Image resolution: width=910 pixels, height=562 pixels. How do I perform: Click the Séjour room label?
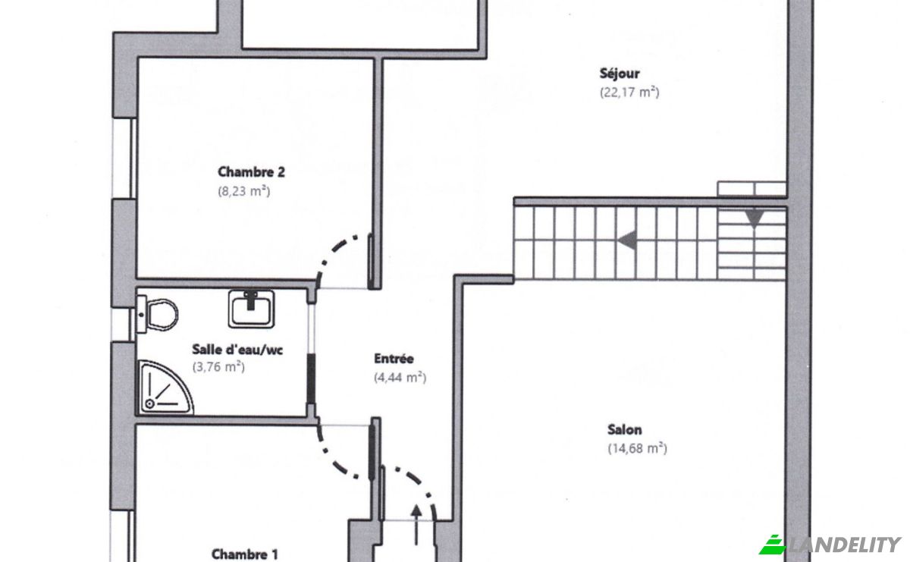click(x=620, y=74)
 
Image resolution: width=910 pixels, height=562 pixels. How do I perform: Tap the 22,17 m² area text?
click(x=629, y=93)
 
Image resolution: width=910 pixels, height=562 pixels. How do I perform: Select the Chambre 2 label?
click(x=251, y=172)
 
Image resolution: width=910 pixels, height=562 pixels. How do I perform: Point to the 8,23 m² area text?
click(x=243, y=191)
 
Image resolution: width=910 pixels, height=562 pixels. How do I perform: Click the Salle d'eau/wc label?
click(x=237, y=350)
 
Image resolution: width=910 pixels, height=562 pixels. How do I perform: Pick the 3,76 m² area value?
click(x=218, y=367)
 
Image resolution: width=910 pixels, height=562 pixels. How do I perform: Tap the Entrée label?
click(x=394, y=359)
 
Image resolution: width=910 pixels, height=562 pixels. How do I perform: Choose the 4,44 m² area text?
click(x=400, y=378)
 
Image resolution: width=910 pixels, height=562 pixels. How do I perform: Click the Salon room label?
click(x=625, y=429)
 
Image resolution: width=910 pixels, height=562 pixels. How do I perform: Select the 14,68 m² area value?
click(x=638, y=449)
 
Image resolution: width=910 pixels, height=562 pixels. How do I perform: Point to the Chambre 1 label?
click(x=244, y=554)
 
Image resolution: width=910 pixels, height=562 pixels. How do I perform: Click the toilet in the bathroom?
click(x=158, y=314)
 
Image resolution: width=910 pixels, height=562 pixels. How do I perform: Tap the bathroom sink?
click(x=251, y=309)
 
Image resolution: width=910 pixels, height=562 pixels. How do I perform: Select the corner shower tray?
click(x=165, y=388)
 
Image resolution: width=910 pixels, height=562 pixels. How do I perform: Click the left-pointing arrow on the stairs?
click(x=627, y=240)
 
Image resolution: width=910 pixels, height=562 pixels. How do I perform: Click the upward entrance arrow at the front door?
click(x=416, y=525)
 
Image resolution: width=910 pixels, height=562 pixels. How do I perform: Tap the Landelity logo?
click(x=830, y=545)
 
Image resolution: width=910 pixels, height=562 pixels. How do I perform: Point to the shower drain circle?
click(x=150, y=404)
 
